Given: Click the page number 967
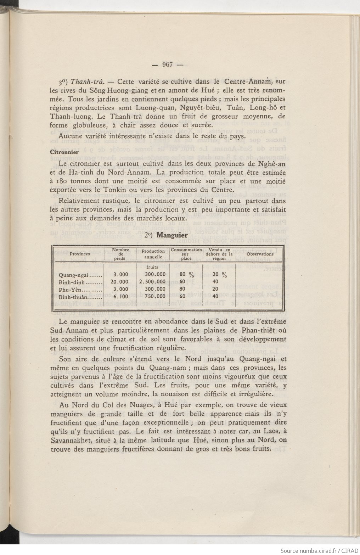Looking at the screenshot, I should coord(167,65).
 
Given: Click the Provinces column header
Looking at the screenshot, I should coord(80,254).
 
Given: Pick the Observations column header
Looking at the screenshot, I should coord(260,254).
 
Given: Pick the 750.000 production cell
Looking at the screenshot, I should coord(156,296).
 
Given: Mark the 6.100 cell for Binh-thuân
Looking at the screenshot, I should coord(120,296).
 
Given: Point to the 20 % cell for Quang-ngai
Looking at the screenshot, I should coord(220,274).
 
